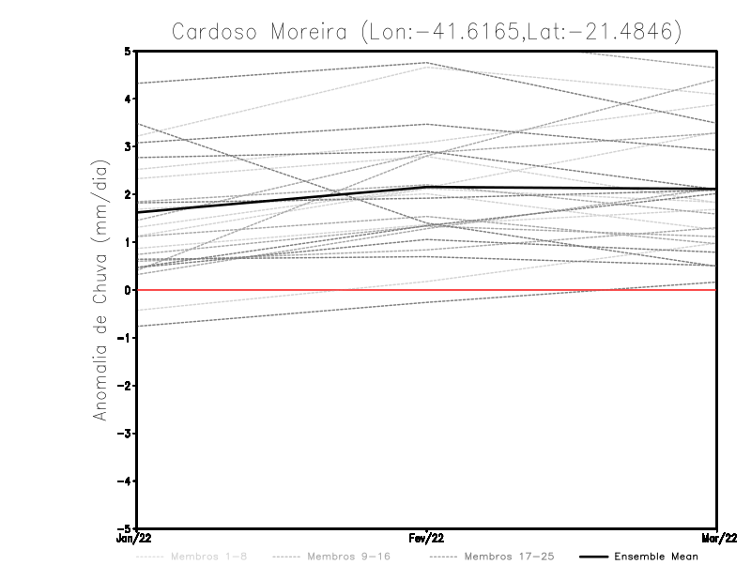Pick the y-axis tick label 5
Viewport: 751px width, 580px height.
tap(127, 51)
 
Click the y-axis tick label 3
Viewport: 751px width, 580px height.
tap(127, 146)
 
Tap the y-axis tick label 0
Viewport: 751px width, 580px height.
tap(127, 290)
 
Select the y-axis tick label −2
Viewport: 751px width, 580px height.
tap(124, 386)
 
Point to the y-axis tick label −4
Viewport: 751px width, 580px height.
tap(124, 481)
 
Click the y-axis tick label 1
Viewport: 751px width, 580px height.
tap(127, 242)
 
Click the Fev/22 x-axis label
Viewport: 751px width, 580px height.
tap(427, 538)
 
